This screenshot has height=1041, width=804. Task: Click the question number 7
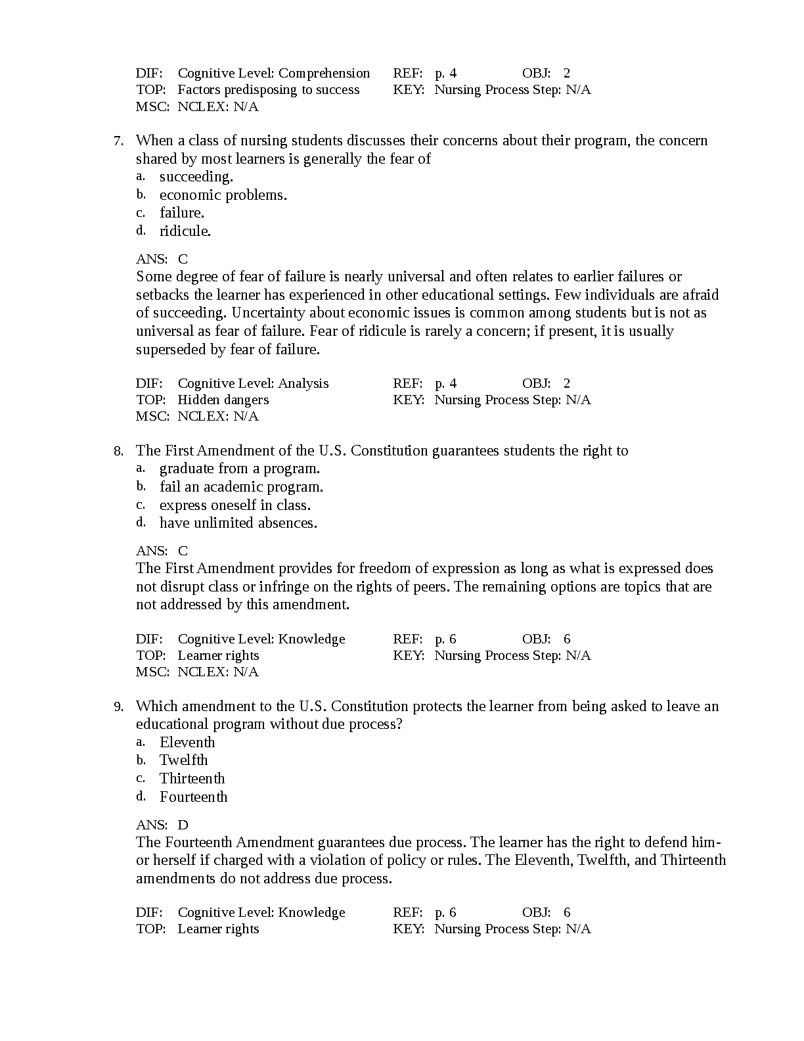[x=118, y=141]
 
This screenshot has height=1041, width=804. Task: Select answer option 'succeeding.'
[x=196, y=177]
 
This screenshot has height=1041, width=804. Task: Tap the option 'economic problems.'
[x=223, y=195]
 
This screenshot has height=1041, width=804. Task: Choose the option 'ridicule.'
[x=185, y=231]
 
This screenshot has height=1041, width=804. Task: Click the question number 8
[x=118, y=451]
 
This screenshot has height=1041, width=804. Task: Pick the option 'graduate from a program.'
[x=239, y=469]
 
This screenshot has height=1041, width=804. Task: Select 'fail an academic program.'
[x=241, y=487]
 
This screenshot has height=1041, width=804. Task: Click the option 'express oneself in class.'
[x=234, y=505]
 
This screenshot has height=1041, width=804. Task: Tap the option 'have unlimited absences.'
[x=238, y=523]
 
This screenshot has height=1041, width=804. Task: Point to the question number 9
[x=118, y=706]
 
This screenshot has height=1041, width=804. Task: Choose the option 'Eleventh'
[x=187, y=743]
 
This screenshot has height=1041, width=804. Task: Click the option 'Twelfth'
[x=183, y=760]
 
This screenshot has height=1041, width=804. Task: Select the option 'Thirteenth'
[x=192, y=779]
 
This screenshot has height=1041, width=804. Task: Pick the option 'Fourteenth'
[x=193, y=797]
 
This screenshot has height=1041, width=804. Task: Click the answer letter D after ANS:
[x=183, y=825]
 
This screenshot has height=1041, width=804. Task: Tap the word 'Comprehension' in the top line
[x=324, y=73]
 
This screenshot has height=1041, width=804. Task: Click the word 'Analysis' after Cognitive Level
[x=303, y=383]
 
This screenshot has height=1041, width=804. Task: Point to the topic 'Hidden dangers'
[x=223, y=400]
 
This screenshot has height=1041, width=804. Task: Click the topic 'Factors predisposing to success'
[x=268, y=89]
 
